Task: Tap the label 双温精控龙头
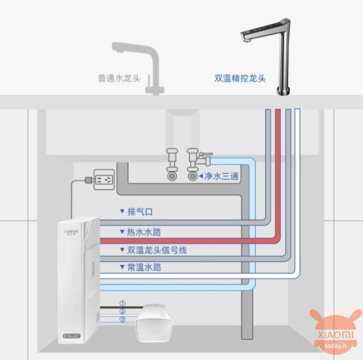pyautogui.click(x=240, y=78)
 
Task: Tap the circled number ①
pyautogui.click(x=122, y=303)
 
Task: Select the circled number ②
pyautogui.click(x=122, y=311)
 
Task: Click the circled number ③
pyautogui.click(x=122, y=320)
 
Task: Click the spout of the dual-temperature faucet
pyautogui.click(x=246, y=38)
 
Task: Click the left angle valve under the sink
pyautogui.click(x=171, y=164)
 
